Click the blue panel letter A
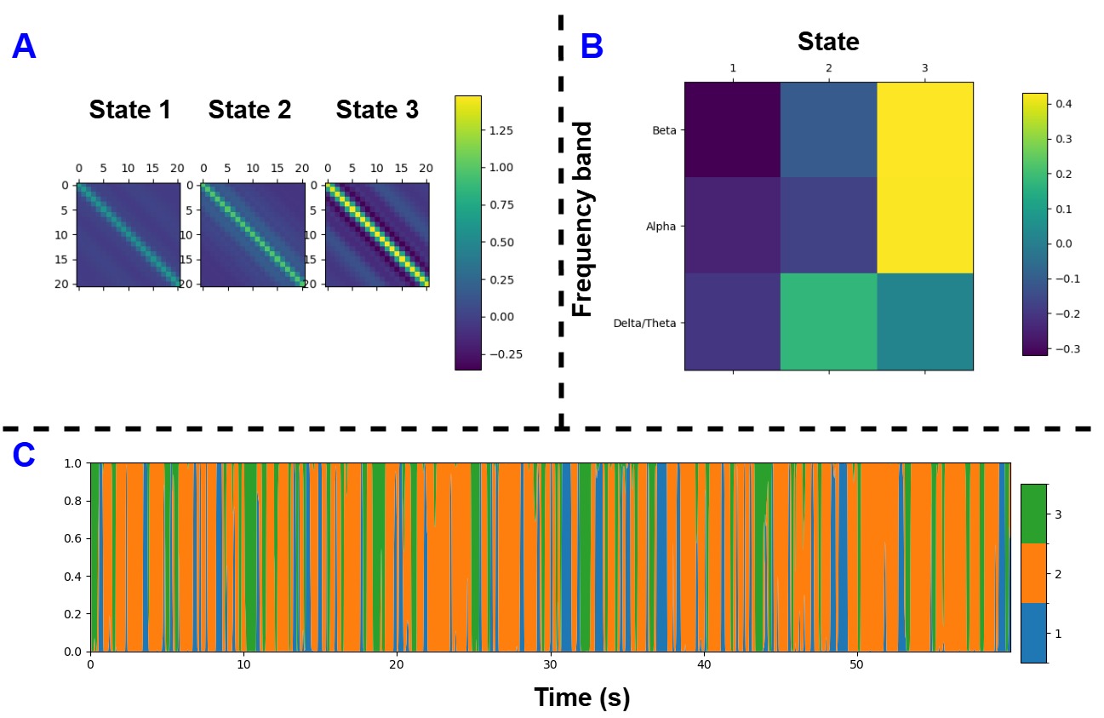coord(24,46)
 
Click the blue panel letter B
coord(592,46)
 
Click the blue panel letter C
coord(24,456)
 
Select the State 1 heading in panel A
coord(130,110)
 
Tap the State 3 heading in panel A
coord(377,110)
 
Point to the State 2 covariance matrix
coord(253,234)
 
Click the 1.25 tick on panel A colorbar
coord(501,130)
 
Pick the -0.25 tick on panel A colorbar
coord(500,354)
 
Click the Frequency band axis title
coord(582,219)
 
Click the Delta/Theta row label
coord(644,324)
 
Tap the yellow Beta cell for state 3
coord(925,129)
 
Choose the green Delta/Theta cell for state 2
coord(829,322)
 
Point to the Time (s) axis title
coord(582,698)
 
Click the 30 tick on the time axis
coord(550,665)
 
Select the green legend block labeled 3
coord(1034,514)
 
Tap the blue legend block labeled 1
coord(1034,633)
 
